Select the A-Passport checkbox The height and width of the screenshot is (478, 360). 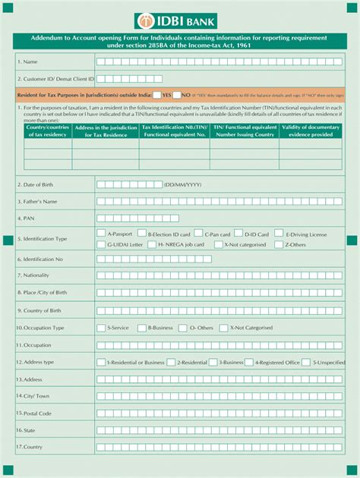101,234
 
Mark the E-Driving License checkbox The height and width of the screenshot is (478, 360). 279,234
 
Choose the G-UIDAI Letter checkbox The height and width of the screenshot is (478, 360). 101,244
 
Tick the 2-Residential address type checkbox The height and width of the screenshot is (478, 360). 172,362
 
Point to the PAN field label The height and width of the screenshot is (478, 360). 28,219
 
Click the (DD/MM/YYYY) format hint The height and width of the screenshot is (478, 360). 182,184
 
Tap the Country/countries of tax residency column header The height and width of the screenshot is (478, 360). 47,131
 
